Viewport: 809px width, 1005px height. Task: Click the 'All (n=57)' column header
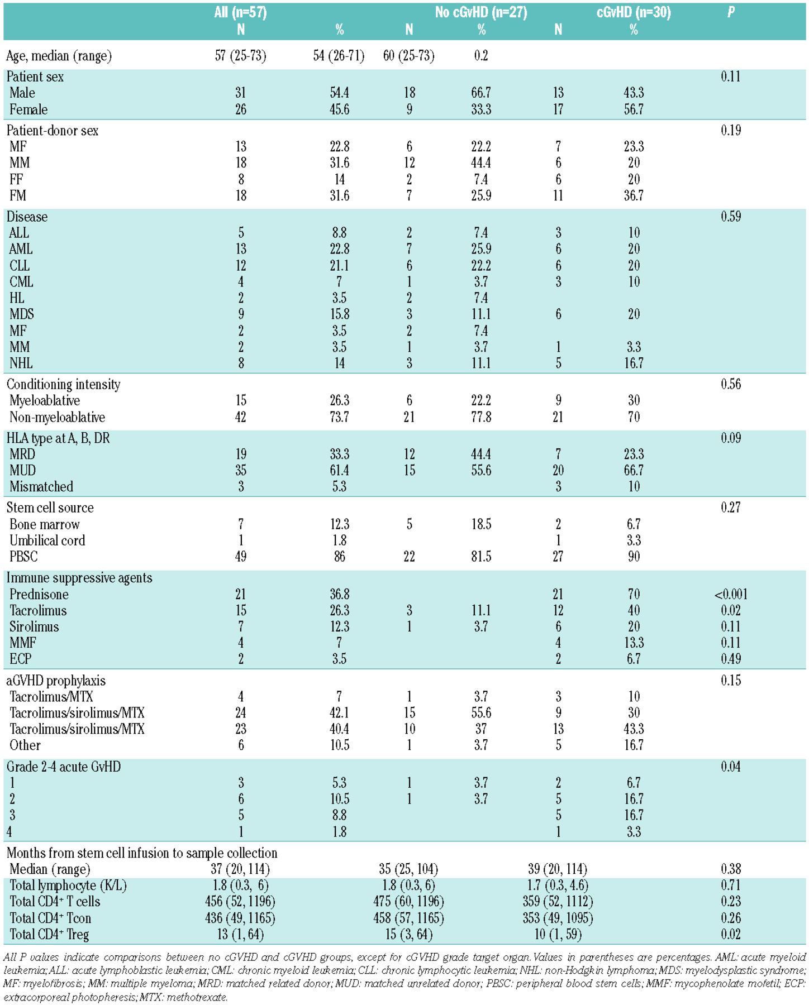240,12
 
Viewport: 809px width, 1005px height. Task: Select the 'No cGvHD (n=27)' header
481,12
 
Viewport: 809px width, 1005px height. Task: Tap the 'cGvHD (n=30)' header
634,12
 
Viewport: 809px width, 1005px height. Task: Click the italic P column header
731,12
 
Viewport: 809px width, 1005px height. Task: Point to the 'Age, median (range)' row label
59,56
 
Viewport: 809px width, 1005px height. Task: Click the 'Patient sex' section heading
35,76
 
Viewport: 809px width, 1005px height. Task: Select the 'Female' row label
28,109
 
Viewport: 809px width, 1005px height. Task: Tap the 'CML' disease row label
21,281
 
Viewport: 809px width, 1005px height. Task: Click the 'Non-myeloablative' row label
57,417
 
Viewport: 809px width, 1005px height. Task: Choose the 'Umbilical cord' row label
47,540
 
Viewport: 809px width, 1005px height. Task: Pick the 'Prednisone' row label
39,594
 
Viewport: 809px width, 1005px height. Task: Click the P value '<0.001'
731,594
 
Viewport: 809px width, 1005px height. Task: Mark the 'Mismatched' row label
41,486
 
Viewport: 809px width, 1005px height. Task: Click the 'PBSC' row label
23,557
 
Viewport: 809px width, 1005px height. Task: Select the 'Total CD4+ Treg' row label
49,934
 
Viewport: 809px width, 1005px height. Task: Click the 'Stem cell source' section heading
50,508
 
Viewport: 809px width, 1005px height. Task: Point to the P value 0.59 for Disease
731,217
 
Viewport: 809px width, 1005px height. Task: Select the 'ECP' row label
21,659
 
